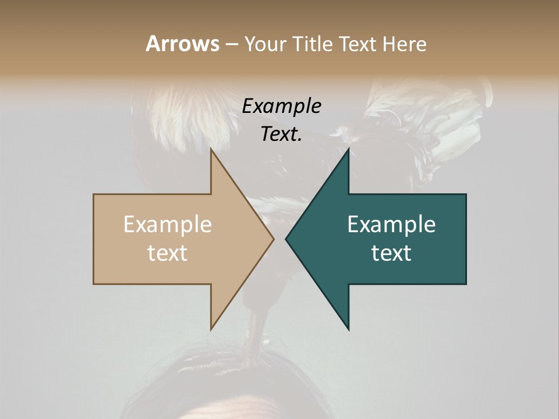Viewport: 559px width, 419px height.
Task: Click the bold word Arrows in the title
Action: coord(182,44)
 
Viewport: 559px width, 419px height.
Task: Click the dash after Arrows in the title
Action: coord(231,44)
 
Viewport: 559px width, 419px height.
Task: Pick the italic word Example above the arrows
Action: coord(282,106)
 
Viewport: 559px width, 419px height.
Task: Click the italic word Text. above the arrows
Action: coord(282,134)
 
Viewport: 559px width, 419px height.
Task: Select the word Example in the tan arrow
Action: coord(168,225)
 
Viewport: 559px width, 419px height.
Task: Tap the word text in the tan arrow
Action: coord(168,253)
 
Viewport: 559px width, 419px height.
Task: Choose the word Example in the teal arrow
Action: coord(391,225)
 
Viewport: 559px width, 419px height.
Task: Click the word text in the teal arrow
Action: coord(391,253)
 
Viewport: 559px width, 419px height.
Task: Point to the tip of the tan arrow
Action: coord(273,239)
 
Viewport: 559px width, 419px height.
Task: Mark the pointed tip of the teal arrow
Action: coord(287,239)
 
